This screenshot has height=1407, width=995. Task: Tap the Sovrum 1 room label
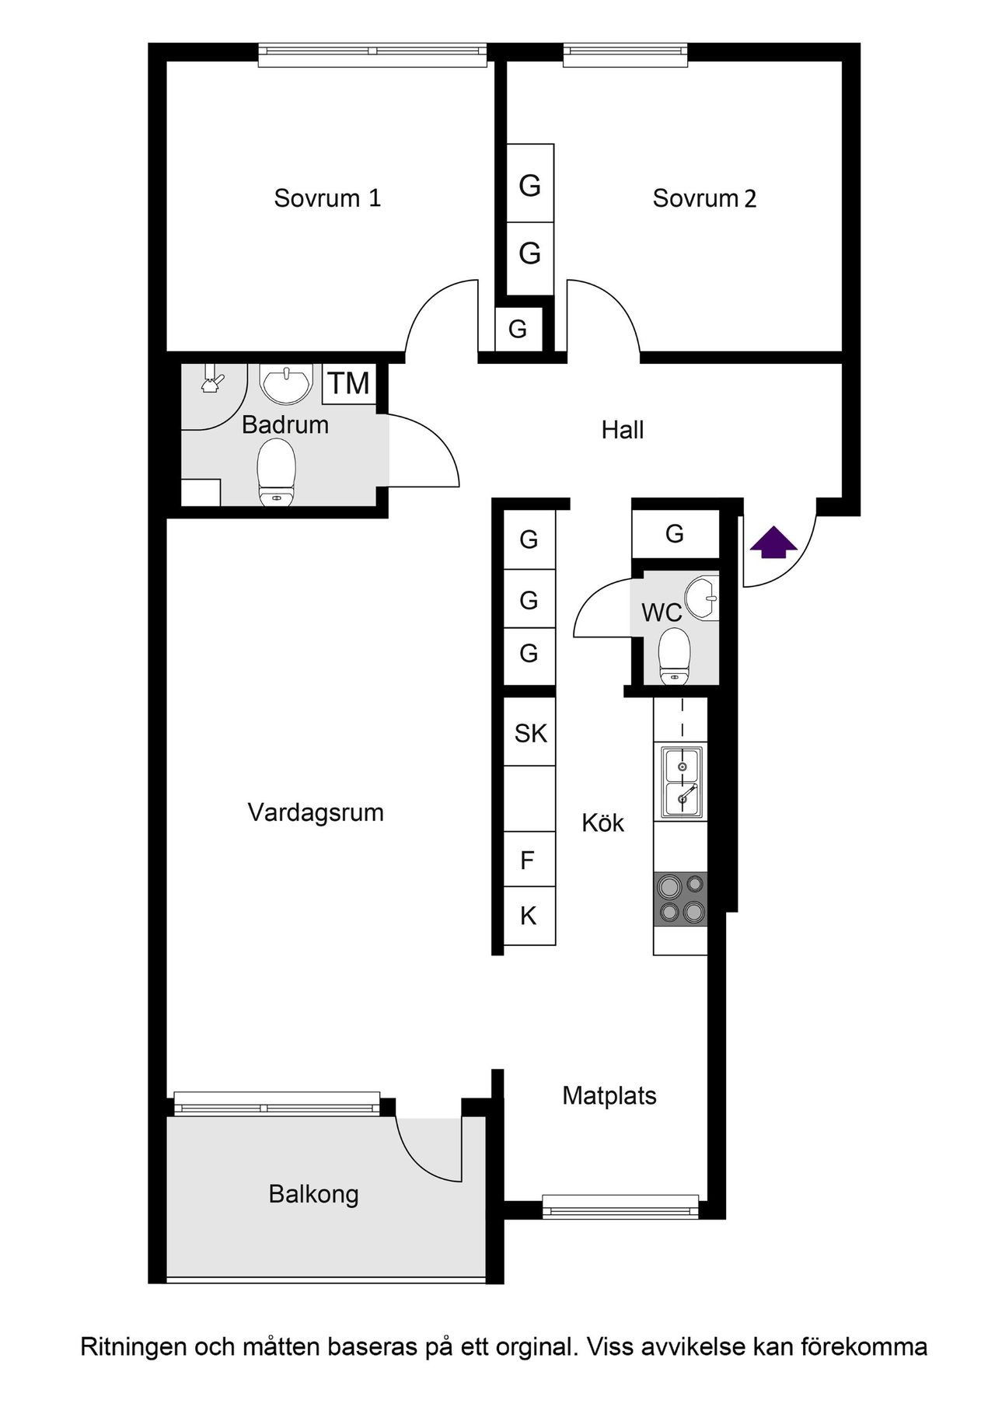[327, 198]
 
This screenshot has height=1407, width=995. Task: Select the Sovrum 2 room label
[704, 198]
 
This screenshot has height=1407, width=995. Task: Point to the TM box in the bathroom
[348, 383]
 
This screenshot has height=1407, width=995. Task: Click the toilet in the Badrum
[276, 473]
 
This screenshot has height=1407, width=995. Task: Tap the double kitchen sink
[681, 782]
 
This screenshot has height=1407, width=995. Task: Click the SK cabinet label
[530, 733]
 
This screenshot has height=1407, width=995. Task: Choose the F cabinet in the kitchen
[528, 861]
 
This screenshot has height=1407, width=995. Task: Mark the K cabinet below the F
[529, 916]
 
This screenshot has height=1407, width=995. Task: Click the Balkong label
[313, 1194]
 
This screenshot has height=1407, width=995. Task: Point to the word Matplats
[609, 1096]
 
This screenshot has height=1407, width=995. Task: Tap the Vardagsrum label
[316, 813]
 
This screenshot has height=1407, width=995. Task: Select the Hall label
[623, 430]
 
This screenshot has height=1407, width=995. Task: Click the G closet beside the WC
[675, 534]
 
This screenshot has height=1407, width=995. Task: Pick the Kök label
[603, 823]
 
